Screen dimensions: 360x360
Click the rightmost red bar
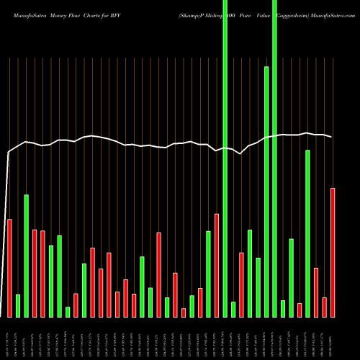333,252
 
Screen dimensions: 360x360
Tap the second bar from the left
18,305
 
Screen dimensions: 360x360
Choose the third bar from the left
27,256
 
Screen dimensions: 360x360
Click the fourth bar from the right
308,233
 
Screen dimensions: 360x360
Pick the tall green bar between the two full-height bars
266,192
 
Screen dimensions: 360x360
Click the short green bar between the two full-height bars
233,309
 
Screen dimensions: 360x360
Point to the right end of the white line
332,137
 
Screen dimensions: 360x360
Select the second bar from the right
325,307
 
